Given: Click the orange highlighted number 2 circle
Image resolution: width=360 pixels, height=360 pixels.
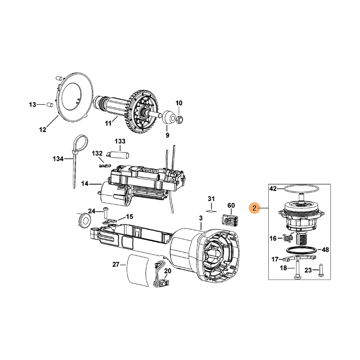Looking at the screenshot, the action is coord(254,208).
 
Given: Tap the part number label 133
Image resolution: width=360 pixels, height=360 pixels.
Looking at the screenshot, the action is coord(120,141).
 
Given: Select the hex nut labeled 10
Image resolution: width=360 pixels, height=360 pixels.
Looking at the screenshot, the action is coord(180,119).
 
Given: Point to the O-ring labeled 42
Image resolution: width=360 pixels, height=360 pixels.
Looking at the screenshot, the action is coord(301,189).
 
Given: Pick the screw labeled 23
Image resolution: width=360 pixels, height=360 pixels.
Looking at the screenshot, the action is coord(321,270).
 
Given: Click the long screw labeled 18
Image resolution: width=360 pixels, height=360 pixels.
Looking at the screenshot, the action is coord(297,270).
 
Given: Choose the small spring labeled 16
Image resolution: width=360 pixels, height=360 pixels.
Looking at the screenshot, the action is coord(289,237).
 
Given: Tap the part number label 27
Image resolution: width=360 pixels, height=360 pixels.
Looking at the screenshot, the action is coord(116,265).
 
